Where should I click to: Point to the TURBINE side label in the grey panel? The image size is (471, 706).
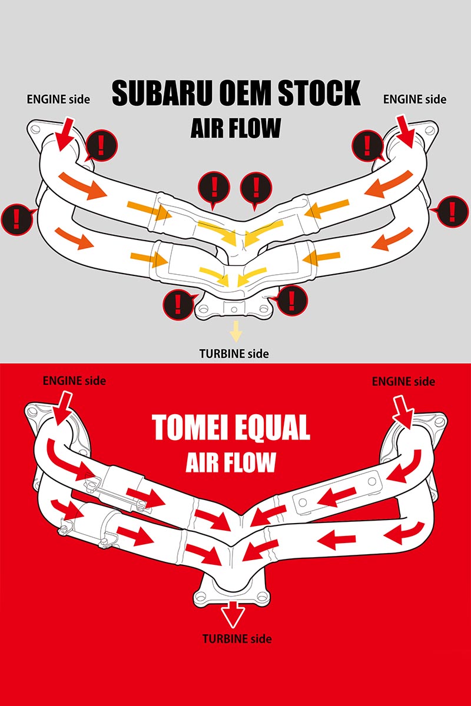234,354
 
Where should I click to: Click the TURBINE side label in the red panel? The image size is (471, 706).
237,638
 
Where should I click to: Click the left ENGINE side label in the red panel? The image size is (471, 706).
74,381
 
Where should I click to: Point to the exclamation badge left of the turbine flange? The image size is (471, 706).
178,302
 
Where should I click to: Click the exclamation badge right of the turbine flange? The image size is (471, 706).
293,300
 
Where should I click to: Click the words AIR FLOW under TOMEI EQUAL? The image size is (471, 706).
231,462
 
